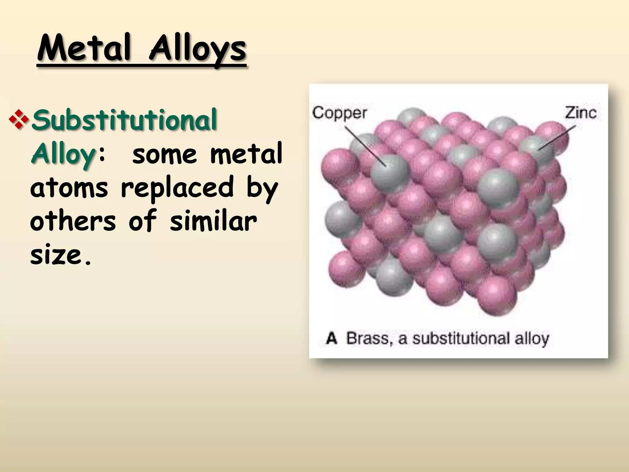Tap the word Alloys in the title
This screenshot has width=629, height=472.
pos(197,49)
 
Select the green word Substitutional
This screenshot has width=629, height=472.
pos(124,120)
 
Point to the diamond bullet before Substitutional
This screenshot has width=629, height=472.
pos(19,120)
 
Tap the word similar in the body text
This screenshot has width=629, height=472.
pos(213,220)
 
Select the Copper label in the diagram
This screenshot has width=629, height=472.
pos(339,113)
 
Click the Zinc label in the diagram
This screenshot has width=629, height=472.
pos(581,113)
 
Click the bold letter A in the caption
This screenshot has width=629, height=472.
pos(332,338)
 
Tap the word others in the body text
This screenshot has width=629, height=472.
pos(73,220)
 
